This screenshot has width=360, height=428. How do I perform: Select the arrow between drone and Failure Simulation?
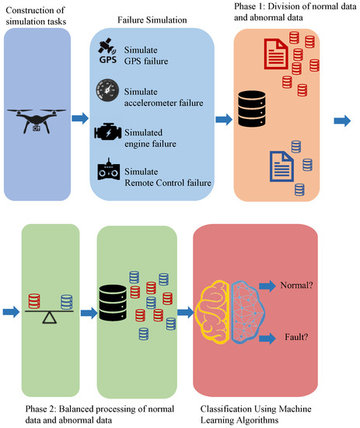click(79, 119)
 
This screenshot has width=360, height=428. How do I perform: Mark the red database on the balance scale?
click(34, 300)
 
